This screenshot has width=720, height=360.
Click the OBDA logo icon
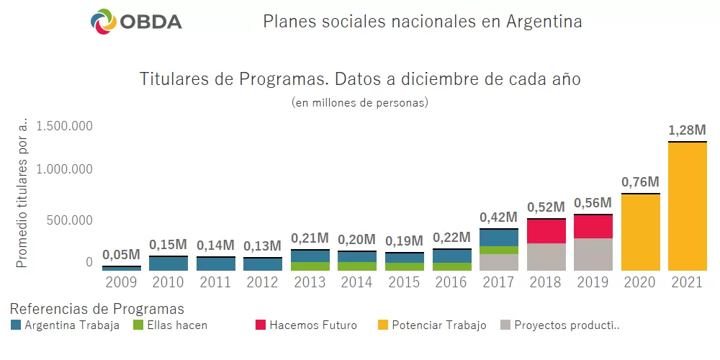point(104,22)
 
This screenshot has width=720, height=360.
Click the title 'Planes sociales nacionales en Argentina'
point(422,22)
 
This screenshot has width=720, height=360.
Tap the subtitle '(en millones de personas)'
point(360,102)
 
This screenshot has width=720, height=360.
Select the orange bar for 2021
point(687,207)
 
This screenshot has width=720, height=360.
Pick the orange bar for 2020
point(640,233)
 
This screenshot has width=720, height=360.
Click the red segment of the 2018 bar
point(546,231)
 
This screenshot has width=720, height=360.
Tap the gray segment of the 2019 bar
point(593,254)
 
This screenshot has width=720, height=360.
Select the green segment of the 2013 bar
point(310,266)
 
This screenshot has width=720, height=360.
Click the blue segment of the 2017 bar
point(499,238)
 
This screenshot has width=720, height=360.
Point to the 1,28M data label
point(687,130)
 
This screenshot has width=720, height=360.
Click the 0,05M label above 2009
point(122,254)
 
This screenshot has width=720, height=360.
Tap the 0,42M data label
point(499,217)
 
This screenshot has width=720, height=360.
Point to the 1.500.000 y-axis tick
point(66,127)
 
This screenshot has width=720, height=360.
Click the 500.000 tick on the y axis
point(70,220)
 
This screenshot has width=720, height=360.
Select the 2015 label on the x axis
point(405,282)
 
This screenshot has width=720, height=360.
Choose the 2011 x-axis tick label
point(216,282)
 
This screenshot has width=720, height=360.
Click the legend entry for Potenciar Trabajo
point(438,325)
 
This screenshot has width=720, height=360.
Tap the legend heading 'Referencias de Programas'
point(97,309)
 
